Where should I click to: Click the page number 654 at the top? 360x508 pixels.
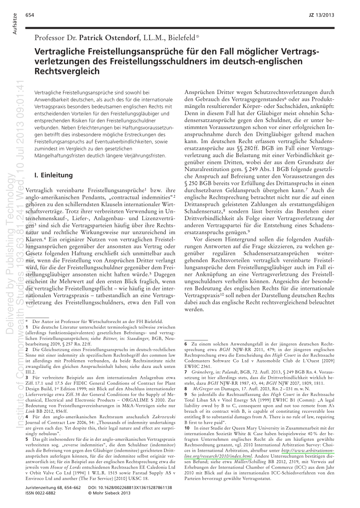(30, 15)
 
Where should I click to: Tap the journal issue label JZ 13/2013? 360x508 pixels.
(322, 15)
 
